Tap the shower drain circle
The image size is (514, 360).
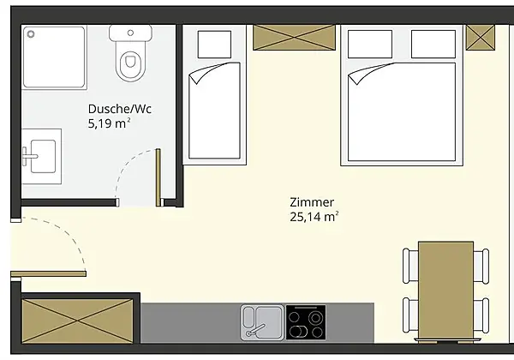coord(31,33)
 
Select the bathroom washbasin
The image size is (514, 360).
coord(43,156)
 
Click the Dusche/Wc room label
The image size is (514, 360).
coord(120,109)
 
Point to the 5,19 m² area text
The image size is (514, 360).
coord(109,123)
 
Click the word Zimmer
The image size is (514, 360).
coord(312,202)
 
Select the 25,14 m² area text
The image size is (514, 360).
coord(314,217)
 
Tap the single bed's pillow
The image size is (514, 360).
coord(214,45)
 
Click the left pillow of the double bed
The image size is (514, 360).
coord(370,44)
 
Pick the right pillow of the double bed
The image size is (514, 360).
coord(433,44)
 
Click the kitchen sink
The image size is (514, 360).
coord(262,322)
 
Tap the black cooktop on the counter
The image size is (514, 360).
coord(306,322)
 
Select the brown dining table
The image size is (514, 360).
coord(445,291)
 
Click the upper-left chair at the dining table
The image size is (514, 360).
coord(410,266)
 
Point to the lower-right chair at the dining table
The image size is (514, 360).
coord(481,315)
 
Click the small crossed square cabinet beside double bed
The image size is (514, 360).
coord(481,38)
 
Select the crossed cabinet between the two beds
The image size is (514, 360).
coord(295,38)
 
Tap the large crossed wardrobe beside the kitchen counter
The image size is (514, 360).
coord(77,321)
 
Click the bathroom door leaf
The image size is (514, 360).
coord(158,177)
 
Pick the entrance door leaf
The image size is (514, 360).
coord(49,273)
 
